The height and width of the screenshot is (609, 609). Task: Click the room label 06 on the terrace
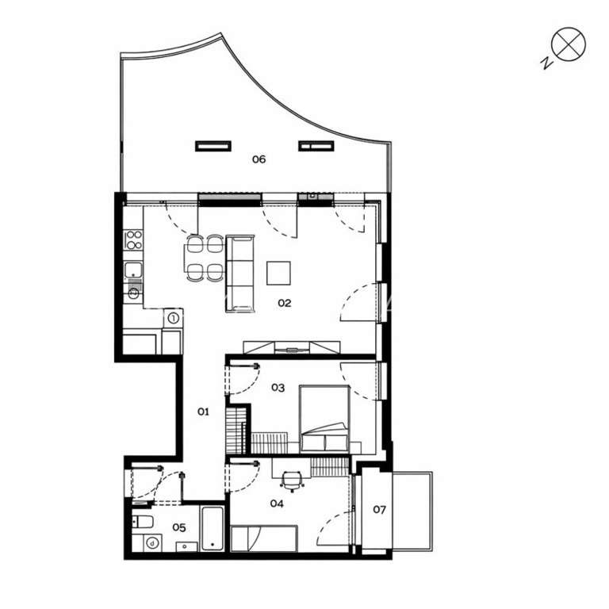[259, 159]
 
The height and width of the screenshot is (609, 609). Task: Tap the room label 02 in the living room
[284, 303]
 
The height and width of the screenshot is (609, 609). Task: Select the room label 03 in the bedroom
[278, 388]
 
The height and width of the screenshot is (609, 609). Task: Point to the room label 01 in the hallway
[203, 412]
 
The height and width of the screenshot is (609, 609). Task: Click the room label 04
[276, 503]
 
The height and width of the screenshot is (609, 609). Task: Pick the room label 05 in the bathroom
[179, 527]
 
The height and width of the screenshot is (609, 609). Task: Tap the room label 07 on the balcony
[379, 509]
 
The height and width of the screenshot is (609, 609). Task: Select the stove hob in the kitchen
[133, 239]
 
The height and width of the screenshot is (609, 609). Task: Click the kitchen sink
[134, 270]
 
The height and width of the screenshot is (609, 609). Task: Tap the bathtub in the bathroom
[213, 528]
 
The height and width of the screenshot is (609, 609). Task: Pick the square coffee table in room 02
[278, 273]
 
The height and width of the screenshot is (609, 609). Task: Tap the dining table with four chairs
[204, 259]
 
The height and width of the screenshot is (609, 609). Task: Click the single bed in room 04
[263, 538]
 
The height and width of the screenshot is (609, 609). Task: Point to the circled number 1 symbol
[173, 319]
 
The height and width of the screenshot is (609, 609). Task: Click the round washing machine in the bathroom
[151, 543]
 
